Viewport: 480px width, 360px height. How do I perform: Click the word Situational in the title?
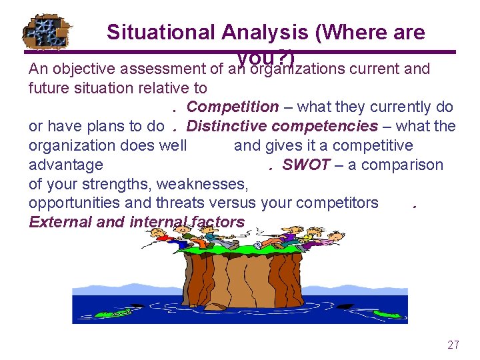(x=161, y=32)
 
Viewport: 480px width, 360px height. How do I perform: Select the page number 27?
(x=453, y=345)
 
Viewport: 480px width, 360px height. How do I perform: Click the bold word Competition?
(x=233, y=107)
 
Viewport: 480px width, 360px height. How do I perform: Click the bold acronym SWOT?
(x=305, y=165)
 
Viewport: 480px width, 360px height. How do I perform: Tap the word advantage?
(x=66, y=165)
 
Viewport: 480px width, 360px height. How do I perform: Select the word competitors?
(x=336, y=203)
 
